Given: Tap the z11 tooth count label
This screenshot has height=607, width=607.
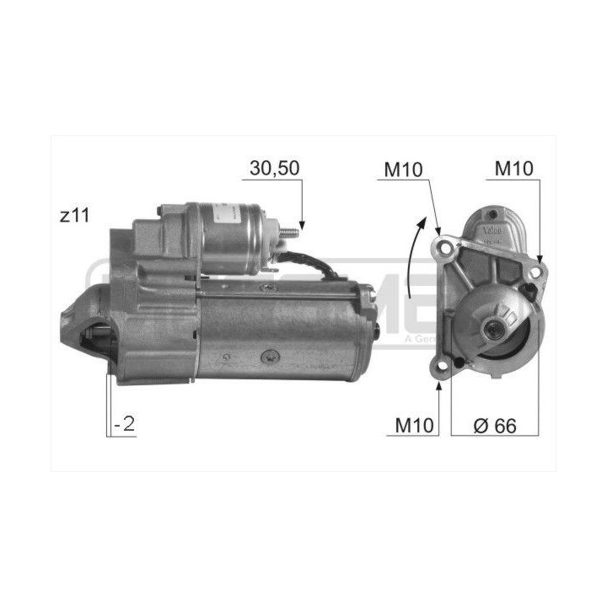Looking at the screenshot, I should point(76,216).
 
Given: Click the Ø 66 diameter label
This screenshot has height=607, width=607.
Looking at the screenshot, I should point(494,425).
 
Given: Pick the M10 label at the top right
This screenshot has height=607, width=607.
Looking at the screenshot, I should point(513,167).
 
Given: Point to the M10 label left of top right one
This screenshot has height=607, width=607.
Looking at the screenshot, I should point(404,167).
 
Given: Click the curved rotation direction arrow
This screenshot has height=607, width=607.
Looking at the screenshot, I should point(412,257).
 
